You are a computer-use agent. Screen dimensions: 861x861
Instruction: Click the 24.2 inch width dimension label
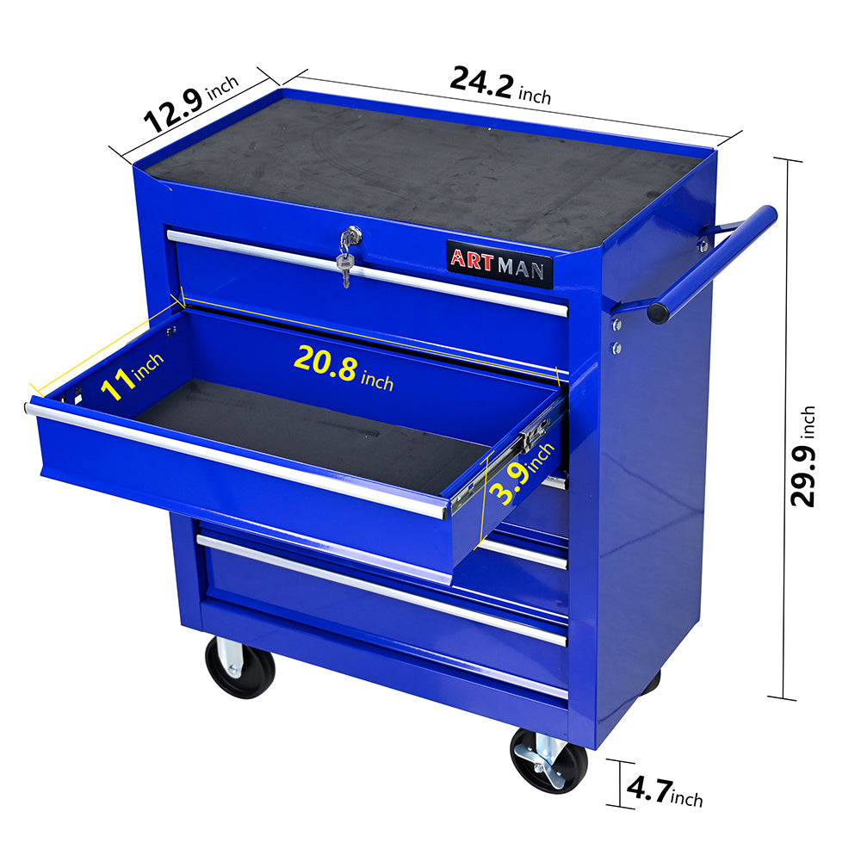point(500,86)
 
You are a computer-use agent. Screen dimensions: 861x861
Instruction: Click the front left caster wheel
point(239,667)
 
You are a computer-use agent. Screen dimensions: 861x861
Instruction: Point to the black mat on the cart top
point(430,172)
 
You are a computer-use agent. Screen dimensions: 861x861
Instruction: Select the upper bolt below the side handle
point(616,325)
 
